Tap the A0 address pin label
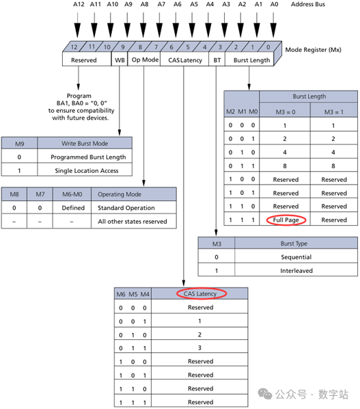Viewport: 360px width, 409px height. point(274,5)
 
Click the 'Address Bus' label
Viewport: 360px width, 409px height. point(308,5)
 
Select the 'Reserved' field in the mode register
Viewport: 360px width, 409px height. point(84,60)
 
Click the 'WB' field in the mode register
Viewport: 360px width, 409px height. point(119,60)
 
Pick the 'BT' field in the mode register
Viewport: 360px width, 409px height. point(217,60)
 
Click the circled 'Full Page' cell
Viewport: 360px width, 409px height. point(287,220)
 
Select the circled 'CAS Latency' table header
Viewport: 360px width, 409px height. point(201,293)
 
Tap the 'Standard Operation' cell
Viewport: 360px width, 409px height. point(126,208)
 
